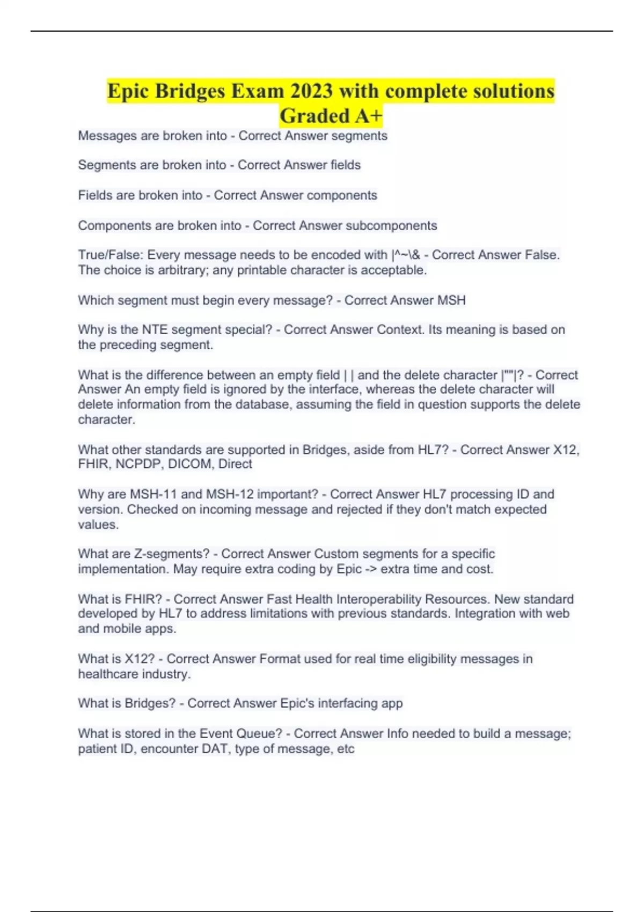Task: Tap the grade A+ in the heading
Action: coord(364,116)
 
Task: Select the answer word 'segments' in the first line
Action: coord(359,136)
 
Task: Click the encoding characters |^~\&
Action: coord(406,255)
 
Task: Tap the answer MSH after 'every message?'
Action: coord(451,300)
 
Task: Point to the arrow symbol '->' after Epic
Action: coord(371,569)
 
